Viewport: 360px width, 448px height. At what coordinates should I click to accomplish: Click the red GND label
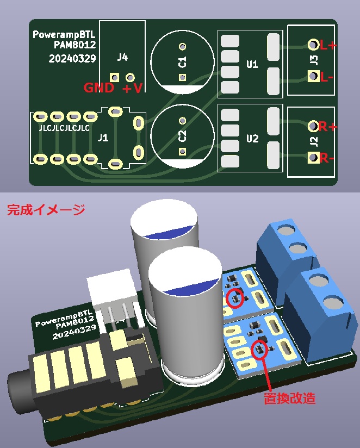(98, 88)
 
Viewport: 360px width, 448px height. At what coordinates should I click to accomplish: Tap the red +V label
(133, 89)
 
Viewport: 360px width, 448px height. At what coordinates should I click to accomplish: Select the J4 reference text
(123, 57)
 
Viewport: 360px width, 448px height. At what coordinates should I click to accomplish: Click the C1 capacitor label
(182, 62)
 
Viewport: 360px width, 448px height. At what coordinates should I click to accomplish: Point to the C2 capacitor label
(182, 135)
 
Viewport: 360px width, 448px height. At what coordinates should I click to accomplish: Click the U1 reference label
(252, 65)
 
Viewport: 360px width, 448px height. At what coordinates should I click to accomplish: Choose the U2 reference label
(252, 138)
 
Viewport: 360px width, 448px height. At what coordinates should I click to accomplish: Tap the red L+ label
(328, 46)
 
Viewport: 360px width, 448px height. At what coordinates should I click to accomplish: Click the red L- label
(327, 77)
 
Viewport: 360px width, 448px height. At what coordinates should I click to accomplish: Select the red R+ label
(328, 127)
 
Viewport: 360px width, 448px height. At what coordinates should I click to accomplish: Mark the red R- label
(327, 159)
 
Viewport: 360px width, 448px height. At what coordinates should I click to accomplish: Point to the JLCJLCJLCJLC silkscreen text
(64, 129)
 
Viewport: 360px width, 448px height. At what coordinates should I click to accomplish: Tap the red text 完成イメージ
(46, 210)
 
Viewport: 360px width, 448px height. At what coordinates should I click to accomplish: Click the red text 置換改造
(289, 398)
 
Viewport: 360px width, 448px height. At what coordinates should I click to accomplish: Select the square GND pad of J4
(114, 77)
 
